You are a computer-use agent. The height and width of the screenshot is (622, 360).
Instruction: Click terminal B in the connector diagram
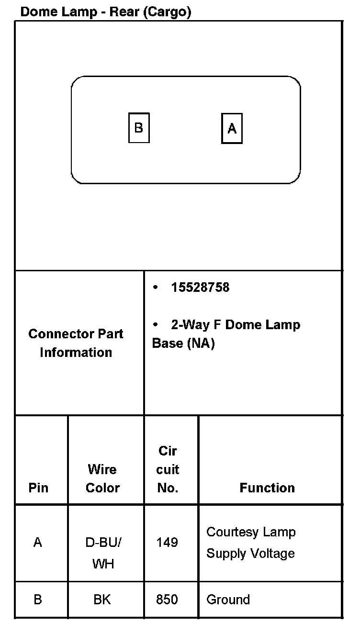pos(139,128)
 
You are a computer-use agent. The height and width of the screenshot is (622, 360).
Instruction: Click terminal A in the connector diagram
pos(232,128)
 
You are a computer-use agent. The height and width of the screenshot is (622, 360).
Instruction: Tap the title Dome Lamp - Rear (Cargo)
pos(106,12)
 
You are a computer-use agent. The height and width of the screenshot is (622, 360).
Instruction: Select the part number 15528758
pos(200,288)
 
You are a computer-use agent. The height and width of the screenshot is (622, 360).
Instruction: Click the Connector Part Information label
pos(76,343)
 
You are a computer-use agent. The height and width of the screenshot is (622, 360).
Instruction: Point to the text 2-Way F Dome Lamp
pos(236,325)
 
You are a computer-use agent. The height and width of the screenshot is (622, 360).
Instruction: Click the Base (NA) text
pos(183,344)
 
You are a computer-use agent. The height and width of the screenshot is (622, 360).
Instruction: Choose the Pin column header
pos(39,488)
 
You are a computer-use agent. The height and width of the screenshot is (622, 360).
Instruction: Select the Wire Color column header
pos(102,478)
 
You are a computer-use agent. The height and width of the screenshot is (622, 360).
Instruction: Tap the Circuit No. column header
pos(168,469)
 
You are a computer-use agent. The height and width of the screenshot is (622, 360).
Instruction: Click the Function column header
pos(267,488)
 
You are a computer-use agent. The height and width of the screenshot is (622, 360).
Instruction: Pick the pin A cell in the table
pos(38,543)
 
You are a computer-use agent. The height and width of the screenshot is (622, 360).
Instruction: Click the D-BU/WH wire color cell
pos(103,553)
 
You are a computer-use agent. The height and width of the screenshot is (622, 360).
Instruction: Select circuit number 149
pos(167,543)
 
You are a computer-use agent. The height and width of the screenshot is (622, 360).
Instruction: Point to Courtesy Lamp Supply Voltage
pos(251,543)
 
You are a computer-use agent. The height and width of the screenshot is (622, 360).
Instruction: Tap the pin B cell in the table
pos(38,600)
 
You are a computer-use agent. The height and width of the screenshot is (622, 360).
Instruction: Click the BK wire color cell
pos(102,600)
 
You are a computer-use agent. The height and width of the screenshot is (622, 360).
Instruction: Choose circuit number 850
pos(167,600)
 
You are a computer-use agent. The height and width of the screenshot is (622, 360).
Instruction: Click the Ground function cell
pos(228,600)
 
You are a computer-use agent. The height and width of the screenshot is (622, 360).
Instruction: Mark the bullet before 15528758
pos(155,288)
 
